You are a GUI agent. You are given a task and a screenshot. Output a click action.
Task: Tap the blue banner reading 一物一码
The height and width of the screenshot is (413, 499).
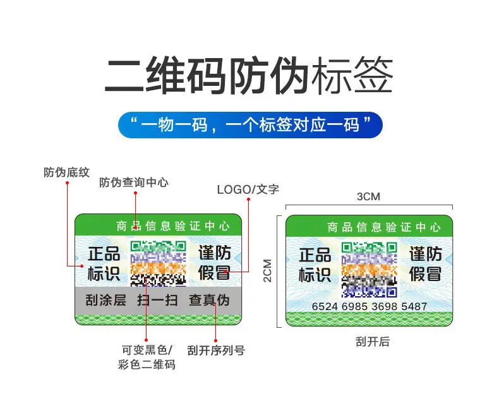pyautogui.click(x=250, y=124)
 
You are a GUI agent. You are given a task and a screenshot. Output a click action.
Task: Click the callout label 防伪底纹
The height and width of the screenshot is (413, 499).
pyautogui.click(x=66, y=172)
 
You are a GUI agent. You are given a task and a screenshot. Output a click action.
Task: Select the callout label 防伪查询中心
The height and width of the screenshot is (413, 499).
pyautogui.click(x=134, y=183)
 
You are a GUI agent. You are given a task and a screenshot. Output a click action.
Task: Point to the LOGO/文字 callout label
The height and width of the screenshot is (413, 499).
pyautogui.click(x=248, y=189)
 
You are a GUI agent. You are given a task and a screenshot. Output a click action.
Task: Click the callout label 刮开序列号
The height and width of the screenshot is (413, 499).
pyautogui.click(x=216, y=349)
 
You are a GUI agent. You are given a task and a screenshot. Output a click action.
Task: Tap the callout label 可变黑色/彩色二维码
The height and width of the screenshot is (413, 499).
pyautogui.click(x=147, y=356)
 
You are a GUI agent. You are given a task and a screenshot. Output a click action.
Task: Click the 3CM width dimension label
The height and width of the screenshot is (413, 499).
pyautogui.click(x=368, y=196)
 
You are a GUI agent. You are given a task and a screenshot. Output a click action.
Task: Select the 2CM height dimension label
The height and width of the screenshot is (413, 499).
pyautogui.click(x=267, y=270)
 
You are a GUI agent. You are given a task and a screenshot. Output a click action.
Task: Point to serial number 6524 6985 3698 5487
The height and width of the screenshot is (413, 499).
pyautogui.click(x=370, y=306)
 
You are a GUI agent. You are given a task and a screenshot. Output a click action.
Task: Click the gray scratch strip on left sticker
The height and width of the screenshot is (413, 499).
pyautogui.click(x=158, y=301)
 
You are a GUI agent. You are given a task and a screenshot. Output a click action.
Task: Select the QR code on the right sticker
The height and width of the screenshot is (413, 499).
pyautogui.click(x=370, y=268)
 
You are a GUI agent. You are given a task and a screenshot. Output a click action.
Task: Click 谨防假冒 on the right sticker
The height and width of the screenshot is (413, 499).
pyautogui.click(x=426, y=264)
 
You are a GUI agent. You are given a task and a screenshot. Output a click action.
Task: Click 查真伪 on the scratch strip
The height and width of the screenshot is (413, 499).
pyautogui.click(x=209, y=301)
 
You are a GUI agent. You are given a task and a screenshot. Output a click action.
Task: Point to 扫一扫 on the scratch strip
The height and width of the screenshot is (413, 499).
pyautogui.click(x=158, y=301)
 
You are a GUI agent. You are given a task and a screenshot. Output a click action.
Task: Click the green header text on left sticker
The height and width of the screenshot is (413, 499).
pyautogui.click(x=172, y=225)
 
